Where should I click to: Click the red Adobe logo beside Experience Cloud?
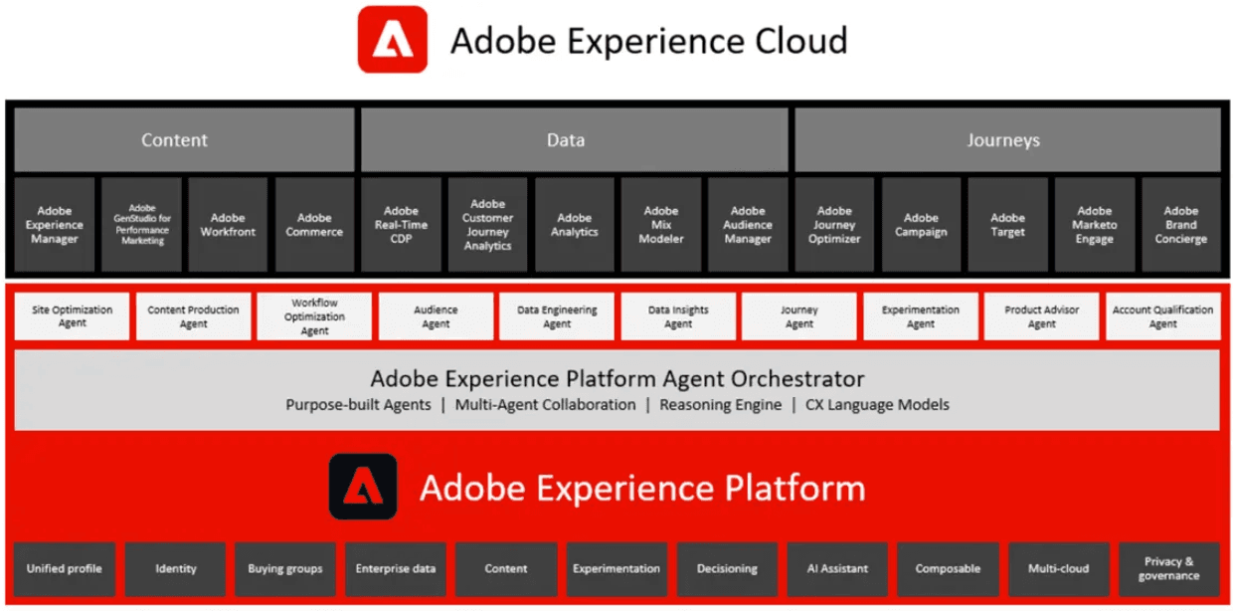393,40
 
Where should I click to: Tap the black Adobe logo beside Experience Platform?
363,487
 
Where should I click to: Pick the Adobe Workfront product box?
228,225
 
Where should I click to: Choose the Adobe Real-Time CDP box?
401,225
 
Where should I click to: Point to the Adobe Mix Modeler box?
661,225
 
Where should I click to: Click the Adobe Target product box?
1007,225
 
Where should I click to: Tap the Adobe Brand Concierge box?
1180,225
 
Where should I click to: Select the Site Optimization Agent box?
73,316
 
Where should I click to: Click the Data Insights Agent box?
678,316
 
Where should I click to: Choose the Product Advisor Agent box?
1041,316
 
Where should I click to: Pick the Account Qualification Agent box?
1162,316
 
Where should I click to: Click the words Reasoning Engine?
721,405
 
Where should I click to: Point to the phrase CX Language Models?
877,405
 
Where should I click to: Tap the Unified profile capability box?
65,569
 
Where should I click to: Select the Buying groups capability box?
285,569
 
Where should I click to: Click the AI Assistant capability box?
837,569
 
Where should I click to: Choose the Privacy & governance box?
1168,569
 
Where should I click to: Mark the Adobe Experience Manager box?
55,225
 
